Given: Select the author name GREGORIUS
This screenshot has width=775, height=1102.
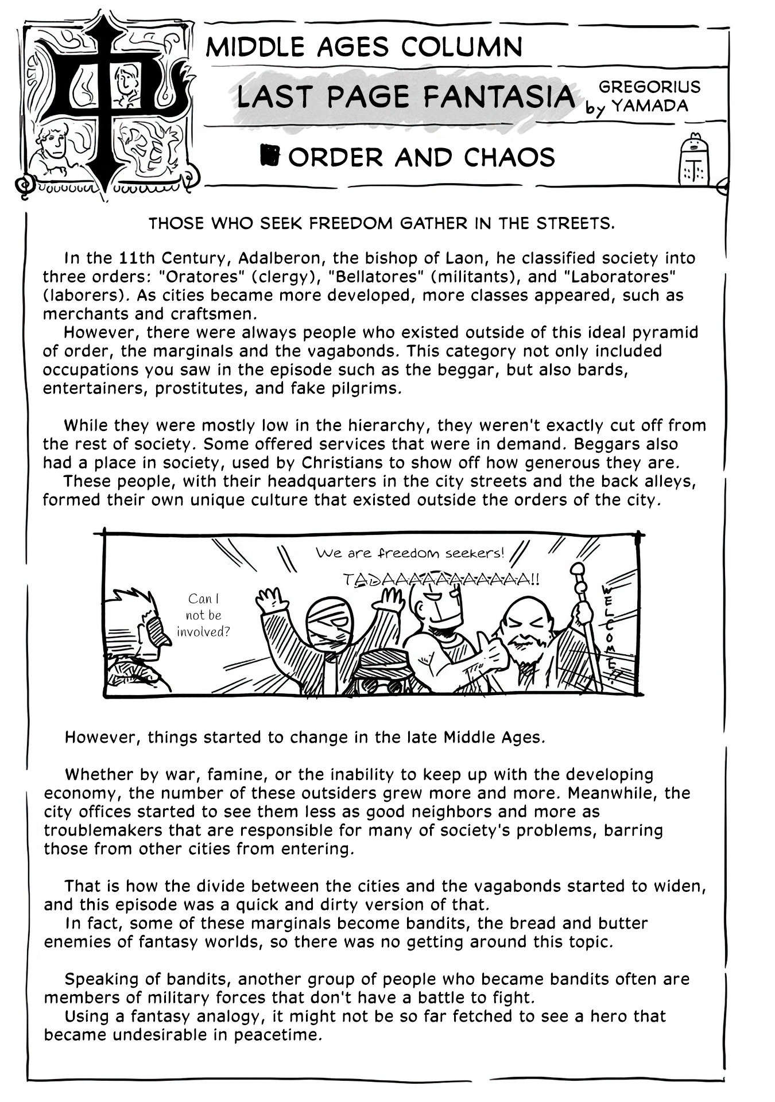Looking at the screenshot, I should coord(649,87).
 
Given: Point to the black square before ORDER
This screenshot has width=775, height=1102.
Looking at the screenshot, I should coord(269,155).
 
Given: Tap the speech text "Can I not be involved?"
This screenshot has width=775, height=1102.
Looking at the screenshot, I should coord(203,615).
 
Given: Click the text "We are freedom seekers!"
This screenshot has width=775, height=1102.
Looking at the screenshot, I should coord(410,553).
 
